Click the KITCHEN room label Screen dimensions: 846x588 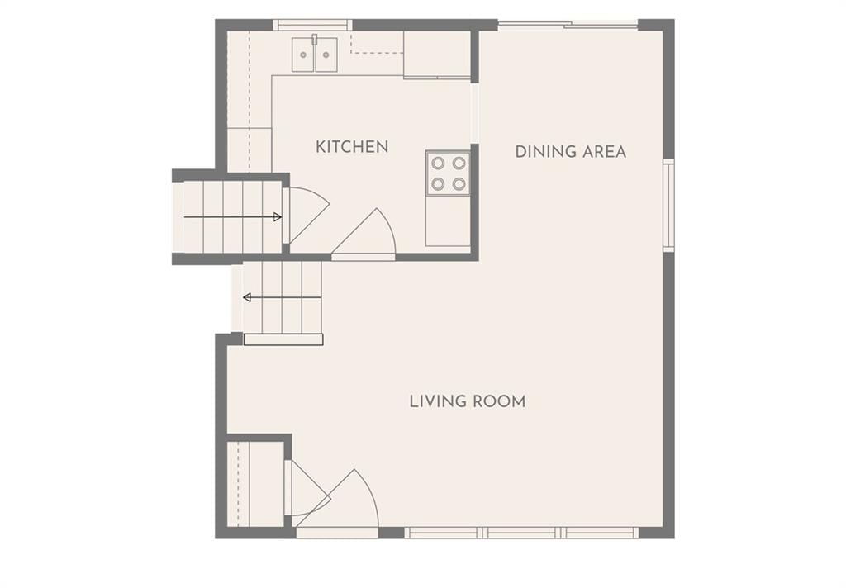click(x=352, y=147)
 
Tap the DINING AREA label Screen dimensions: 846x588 click(x=571, y=152)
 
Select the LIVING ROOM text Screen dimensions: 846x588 click(x=468, y=401)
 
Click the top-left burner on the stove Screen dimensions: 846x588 click(x=438, y=163)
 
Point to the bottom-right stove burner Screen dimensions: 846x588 click(x=459, y=184)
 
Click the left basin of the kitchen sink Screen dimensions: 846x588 click(x=302, y=55)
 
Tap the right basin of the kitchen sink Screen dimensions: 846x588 click(x=326, y=55)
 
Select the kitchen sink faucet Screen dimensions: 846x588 click(x=315, y=39)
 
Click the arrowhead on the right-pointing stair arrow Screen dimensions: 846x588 click(x=278, y=217)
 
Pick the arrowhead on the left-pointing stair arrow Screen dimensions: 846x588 click(x=247, y=297)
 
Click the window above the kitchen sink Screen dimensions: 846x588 click(x=312, y=25)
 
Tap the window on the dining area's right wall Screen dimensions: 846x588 click(x=668, y=205)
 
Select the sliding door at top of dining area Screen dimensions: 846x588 click(x=568, y=24)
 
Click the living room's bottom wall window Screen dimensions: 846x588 click(x=522, y=533)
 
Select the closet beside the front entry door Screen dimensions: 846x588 click(x=256, y=484)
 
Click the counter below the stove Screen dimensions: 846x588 click(x=448, y=221)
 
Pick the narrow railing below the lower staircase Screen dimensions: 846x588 click(x=283, y=339)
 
